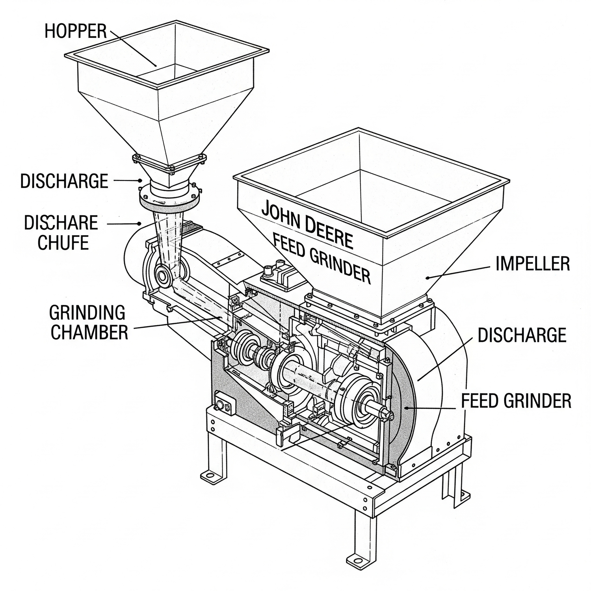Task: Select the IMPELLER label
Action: pyautogui.click(x=532, y=264)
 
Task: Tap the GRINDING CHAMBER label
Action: pyautogui.click(x=89, y=322)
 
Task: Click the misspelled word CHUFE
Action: pyautogui.click(x=63, y=242)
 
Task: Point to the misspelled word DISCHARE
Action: pyautogui.click(x=61, y=223)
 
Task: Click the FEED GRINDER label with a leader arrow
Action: pyautogui.click(x=516, y=401)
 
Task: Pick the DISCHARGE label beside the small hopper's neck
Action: pyautogui.click(x=64, y=181)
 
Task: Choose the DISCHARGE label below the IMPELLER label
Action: pyautogui.click(x=522, y=335)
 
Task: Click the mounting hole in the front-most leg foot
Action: pyautogui.click(x=356, y=560)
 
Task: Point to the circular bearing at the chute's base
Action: pyautogui.click(x=162, y=275)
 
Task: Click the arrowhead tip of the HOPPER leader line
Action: pyautogui.click(x=156, y=66)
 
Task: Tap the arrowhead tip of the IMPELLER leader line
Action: pyautogui.click(x=426, y=277)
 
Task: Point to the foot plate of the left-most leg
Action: pyautogui.click(x=211, y=476)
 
